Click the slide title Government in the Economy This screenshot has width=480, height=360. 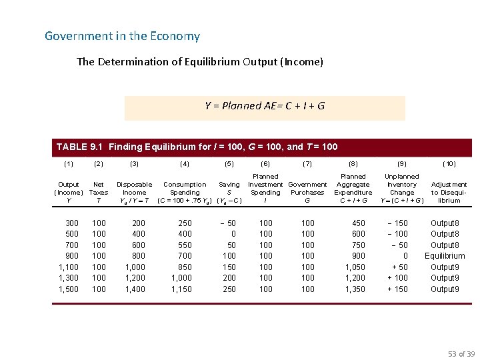pyautogui.click(x=122, y=36)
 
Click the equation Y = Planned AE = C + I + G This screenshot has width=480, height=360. pyautogui.click(x=265, y=106)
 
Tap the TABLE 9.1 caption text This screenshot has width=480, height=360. pyautogui.click(x=197, y=147)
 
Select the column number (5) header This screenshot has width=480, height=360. pyautogui.click(x=229, y=163)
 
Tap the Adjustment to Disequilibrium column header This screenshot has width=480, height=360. pyautogui.click(x=449, y=192)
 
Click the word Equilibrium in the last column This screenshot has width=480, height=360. pyautogui.click(x=445, y=256)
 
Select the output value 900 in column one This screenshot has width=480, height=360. pyautogui.click(x=71, y=256)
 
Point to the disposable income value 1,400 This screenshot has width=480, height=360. pyautogui.click(x=134, y=289)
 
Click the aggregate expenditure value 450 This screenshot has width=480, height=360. pyautogui.click(x=359, y=223)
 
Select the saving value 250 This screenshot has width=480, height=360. pyautogui.click(x=229, y=289)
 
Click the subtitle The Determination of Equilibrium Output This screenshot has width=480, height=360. pyautogui.click(x=200, y=62)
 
